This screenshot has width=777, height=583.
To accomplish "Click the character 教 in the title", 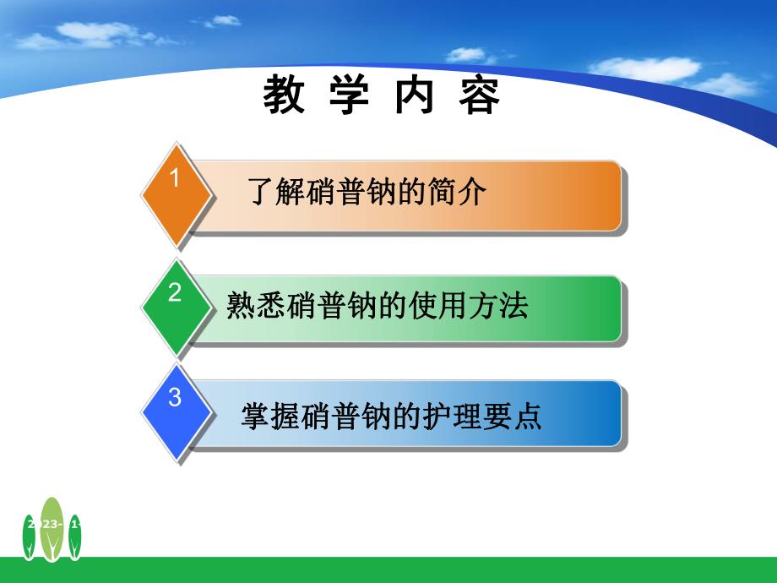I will pyautogui.click(x=284, y=96).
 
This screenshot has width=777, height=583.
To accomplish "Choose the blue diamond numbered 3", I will pyautogui.click(x=175, y=413).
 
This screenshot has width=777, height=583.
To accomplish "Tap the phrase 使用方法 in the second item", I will pyautogui.click(x=474, y=305).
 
